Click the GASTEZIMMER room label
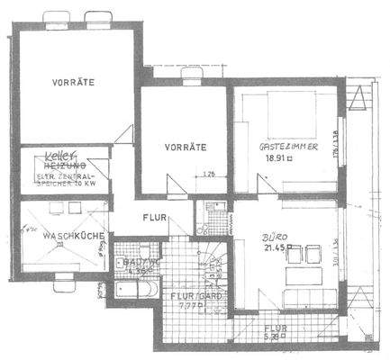(286, 144)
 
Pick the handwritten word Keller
(59, 157)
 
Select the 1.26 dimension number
(209, 175)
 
